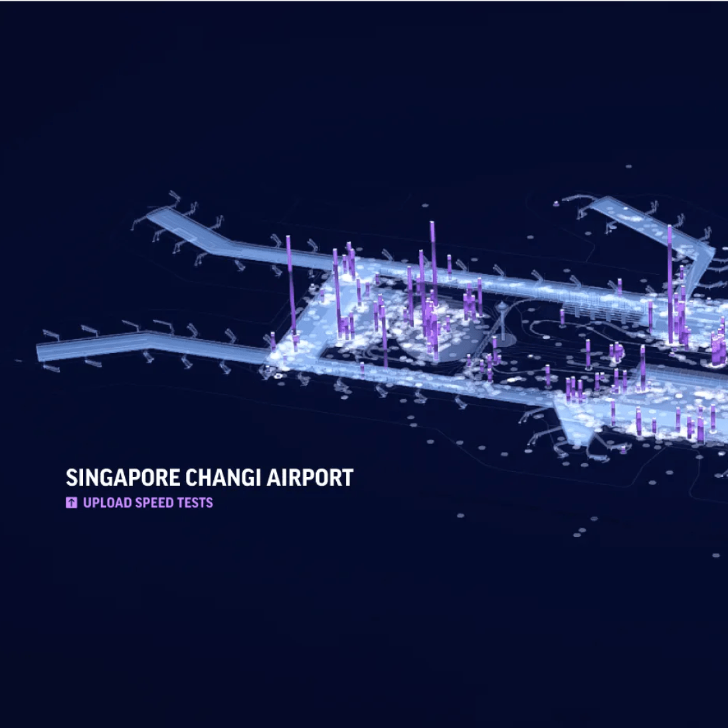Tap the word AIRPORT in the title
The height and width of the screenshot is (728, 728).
(310, 478)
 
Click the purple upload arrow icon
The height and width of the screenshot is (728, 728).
(72, 503)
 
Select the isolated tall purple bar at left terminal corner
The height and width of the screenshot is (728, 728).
(289, 285)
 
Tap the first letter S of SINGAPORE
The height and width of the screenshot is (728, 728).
(71, 478)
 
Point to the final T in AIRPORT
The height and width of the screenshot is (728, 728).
(347, 478)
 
